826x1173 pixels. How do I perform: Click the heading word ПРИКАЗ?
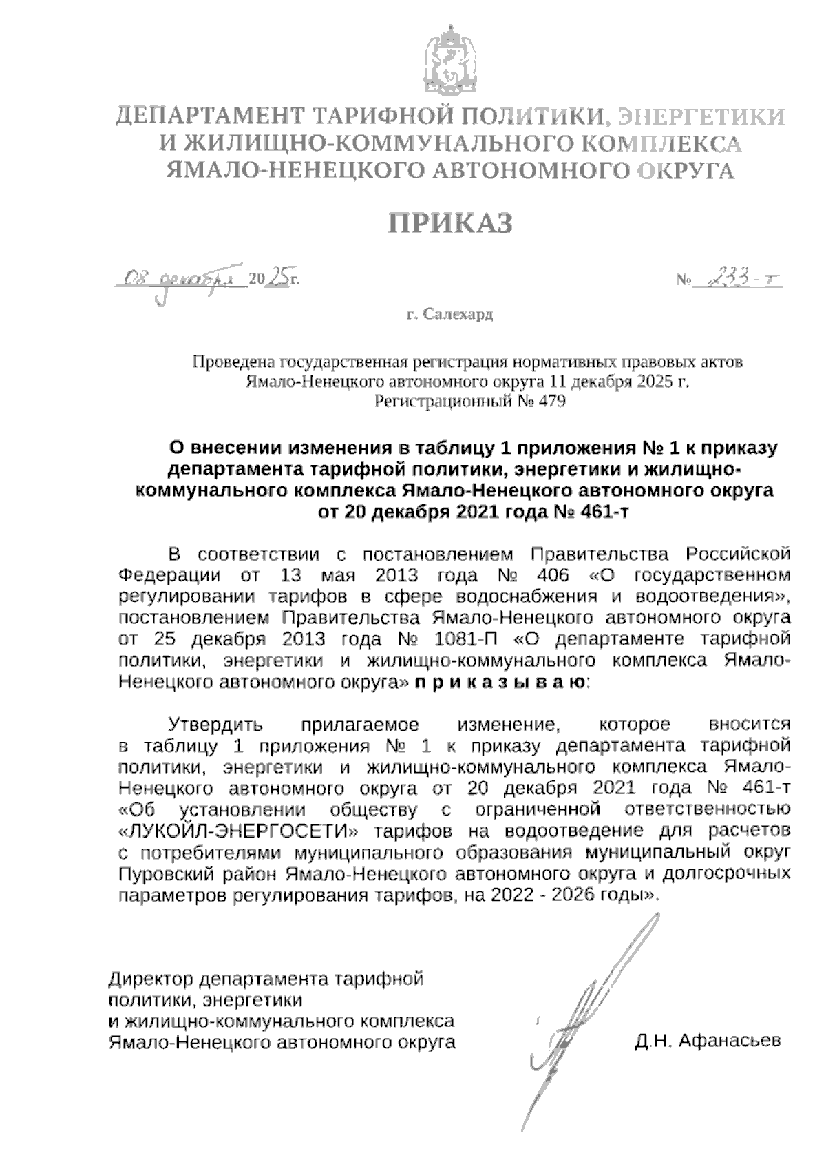pos(451,224)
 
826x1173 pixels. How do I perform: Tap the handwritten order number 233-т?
pos(740,279)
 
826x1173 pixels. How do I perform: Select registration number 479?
pos(551,402)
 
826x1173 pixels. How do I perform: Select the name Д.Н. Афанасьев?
pos(708,1041)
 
